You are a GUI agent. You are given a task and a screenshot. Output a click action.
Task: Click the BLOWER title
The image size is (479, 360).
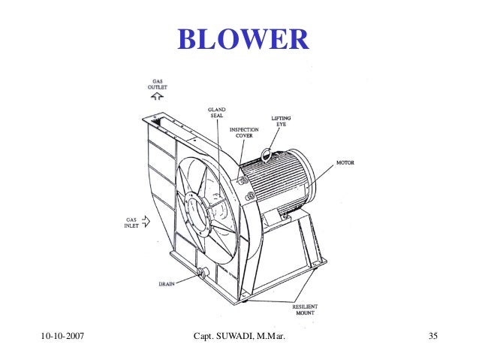pos(243,39)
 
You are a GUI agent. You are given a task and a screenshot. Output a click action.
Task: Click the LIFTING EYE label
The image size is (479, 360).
pos(282,122)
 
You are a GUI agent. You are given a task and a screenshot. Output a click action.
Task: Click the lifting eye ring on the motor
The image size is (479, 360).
pos(266,154)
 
